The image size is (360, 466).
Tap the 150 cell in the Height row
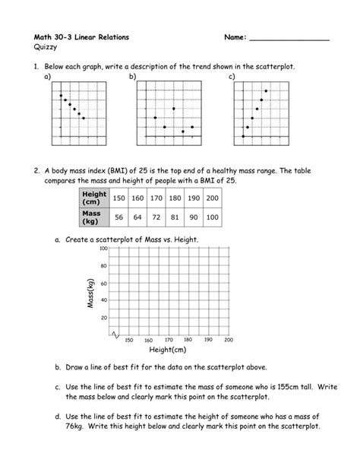[118, 198]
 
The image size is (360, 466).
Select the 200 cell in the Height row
[213, 198]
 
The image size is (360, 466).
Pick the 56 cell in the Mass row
[118, 217]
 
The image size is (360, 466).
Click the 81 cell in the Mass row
[175, 217]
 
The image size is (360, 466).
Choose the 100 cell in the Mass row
[213, 217]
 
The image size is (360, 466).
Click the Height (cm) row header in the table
[95, 198]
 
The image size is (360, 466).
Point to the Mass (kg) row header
[95, 217]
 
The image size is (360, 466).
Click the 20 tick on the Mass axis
[105, 317]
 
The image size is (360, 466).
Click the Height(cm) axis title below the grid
[168, 350]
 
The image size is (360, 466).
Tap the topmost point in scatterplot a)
[62, 95]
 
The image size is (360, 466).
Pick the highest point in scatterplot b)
[174, 109]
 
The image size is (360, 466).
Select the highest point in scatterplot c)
[265, 91]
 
